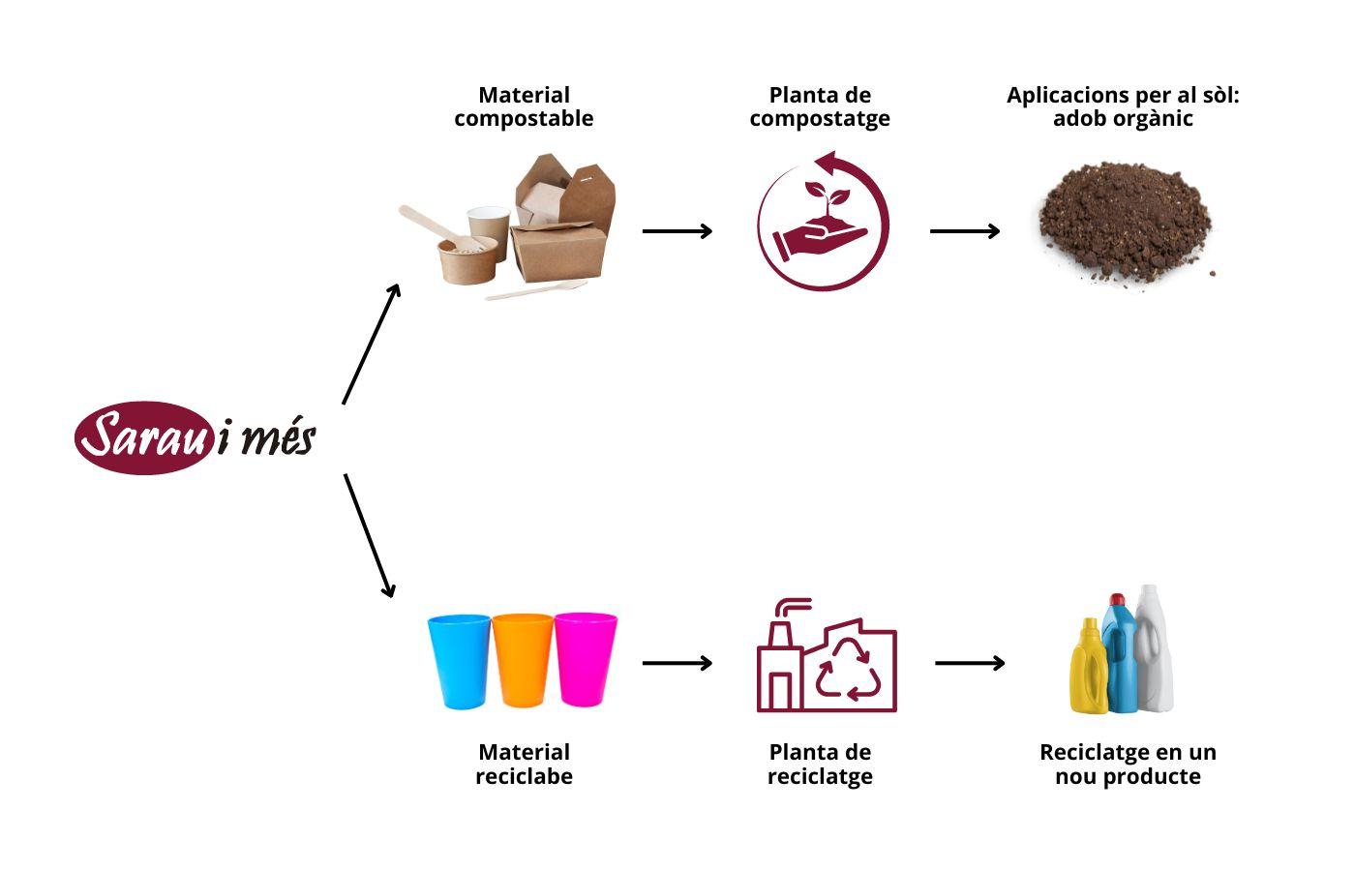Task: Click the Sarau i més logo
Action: tap(196, 437)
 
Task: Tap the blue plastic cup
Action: tap(460, 660)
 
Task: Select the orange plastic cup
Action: tap(523, 660)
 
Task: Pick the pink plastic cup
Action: tap(586, 658)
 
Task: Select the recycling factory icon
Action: tap(826, 658)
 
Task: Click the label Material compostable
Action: tap(524, 106)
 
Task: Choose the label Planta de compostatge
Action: tap(820, 106)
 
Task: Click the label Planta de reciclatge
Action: tap(820, 764)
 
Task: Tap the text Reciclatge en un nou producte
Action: tap(1128, 764)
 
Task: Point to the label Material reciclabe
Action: tap(524, 764)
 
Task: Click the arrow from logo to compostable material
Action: tap(372, 344)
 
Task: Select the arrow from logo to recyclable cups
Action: tap(370, 535)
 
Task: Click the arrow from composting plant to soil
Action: tap(964, 231)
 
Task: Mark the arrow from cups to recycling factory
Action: tap(677, 663)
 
